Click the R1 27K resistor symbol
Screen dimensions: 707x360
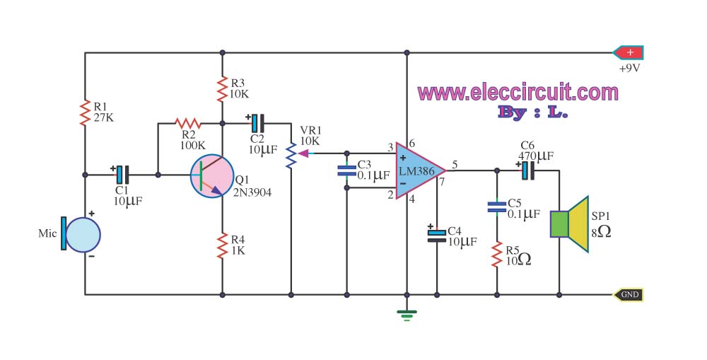click(x=85, y=112)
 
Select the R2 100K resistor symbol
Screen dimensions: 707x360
click(x=188, y=123)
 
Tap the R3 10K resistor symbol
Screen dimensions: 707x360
click(x=222, y=89)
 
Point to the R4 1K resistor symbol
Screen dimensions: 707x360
click(x=222, y=246)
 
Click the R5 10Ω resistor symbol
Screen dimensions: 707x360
click(x=497, y=254)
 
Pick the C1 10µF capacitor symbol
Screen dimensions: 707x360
click(x=122, y=175)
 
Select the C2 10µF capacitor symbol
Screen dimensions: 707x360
click(x=257, y=123)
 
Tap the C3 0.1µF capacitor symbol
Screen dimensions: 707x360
click(x=346, y=170)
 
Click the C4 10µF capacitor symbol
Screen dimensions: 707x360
click(x=436, y=236)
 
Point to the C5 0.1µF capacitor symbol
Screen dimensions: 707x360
click(x=497, y=207)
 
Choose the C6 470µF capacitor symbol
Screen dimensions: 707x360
click(x=527, y=170)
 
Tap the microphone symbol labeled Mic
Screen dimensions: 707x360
click(x=82, y=235)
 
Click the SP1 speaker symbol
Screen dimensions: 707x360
click(x=569, y=224)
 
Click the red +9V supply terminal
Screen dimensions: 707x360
click(x=628, y=53)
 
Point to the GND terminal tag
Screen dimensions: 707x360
click(x=628, y=295)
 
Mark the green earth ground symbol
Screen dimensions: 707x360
click(x=407, y=315)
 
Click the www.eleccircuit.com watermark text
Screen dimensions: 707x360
click(x=518, y=92)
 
